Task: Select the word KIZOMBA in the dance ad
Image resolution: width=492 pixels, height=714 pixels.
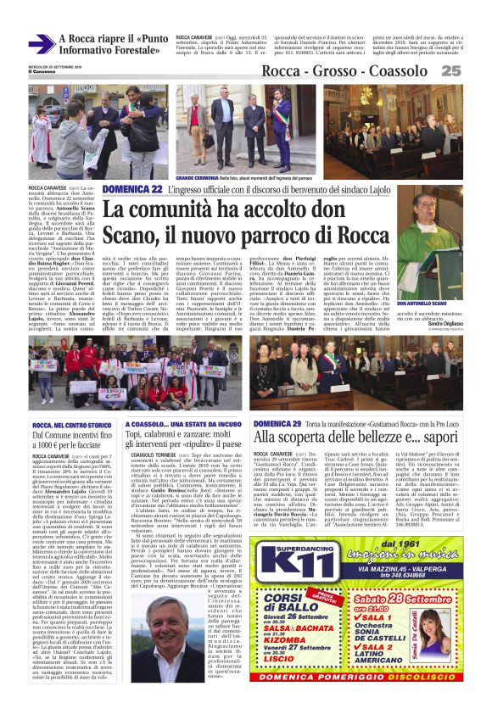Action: click(302, 640)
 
